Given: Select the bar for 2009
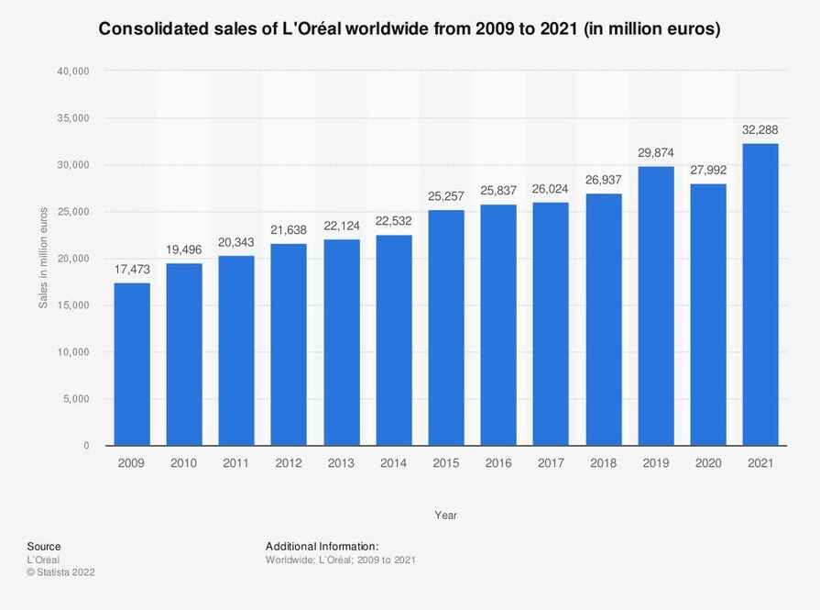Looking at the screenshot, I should click(x=131, y=364).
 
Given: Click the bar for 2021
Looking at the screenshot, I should click(x=760, y=294).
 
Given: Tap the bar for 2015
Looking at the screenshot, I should click(x=445, y=327).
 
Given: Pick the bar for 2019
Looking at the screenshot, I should click(x=655, y=305).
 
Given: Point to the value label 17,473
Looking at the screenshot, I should click(x=131, y=270).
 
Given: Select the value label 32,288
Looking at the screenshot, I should click(x=760, y=130).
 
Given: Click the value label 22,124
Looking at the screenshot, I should click(x=341, y=226).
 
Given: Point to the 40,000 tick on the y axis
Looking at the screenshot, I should click(x=74, y=72).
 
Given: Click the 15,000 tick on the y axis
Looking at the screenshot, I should click(x=74, y=305).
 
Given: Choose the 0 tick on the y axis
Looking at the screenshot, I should click(x=86, y=446).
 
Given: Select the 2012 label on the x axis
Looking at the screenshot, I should click(x=289, y=464).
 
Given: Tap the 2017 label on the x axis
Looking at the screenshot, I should click(x=550, y=464).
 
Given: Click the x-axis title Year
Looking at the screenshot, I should click(x=445, y=516).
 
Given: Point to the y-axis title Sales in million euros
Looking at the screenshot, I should click(x=43, y=258).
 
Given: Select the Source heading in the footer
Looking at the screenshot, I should click(x=44, y=546).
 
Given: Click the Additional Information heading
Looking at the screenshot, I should click(x=322, y=546).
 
